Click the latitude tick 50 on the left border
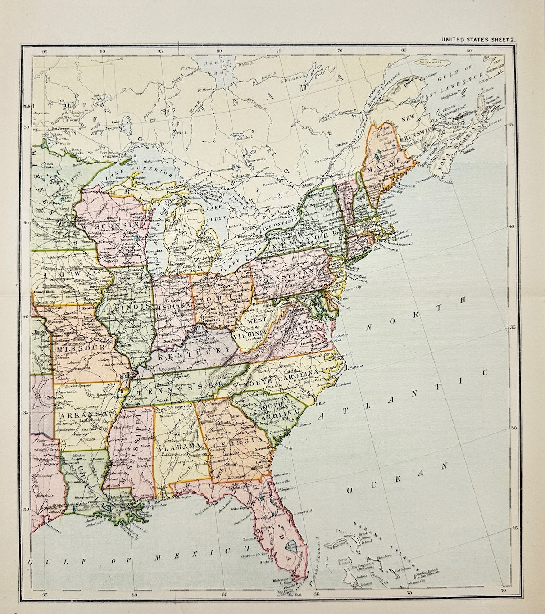26,127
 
